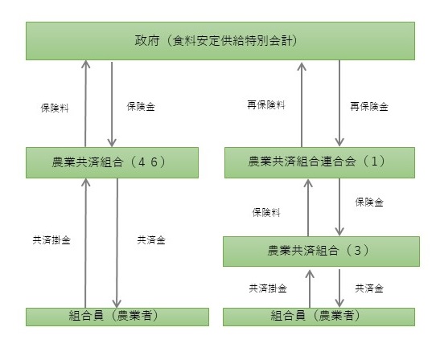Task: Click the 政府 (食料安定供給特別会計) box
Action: click(218, 39)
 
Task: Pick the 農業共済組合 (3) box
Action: click(321, 251)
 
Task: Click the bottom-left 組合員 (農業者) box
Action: click(111, 316)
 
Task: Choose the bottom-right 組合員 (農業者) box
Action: click(321, 316)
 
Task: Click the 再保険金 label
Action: click(369, 106)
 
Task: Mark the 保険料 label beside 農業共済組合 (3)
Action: click(265, 213)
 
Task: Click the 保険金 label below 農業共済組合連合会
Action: click(369, 202)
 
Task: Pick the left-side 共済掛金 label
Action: click(47, 239)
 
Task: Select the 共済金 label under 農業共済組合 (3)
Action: click(369, 287)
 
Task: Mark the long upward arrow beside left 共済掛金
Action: click(84, 241)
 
